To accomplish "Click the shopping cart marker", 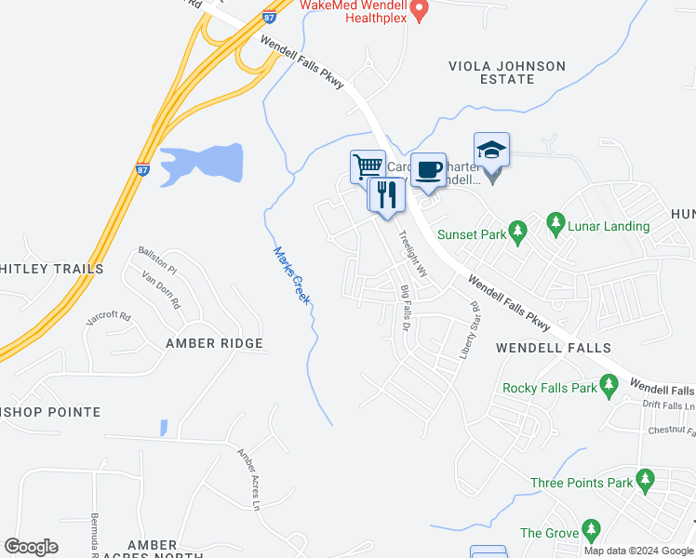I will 368,166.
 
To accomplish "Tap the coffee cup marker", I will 428,169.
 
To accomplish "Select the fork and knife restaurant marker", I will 386,193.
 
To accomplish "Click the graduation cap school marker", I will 491,149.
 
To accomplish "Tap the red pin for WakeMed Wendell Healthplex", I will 419,10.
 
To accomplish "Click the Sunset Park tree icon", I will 519,230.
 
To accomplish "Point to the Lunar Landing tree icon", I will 555,222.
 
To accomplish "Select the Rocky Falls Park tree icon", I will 609,383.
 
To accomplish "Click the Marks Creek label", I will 291,276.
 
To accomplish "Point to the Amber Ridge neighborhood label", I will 214,343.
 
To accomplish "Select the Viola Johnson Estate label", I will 506,73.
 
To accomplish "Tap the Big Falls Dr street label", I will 405,309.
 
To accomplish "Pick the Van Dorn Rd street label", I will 161,288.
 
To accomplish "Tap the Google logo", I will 31,547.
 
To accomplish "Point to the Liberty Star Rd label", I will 469,330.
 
